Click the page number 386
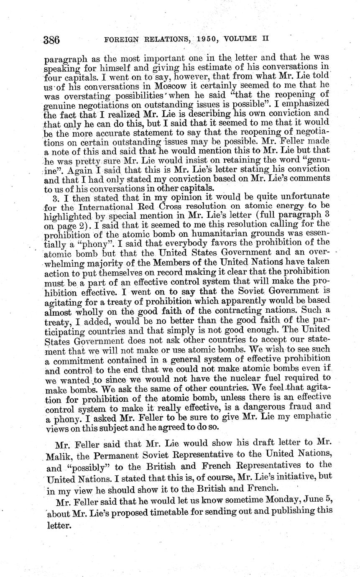52,40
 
